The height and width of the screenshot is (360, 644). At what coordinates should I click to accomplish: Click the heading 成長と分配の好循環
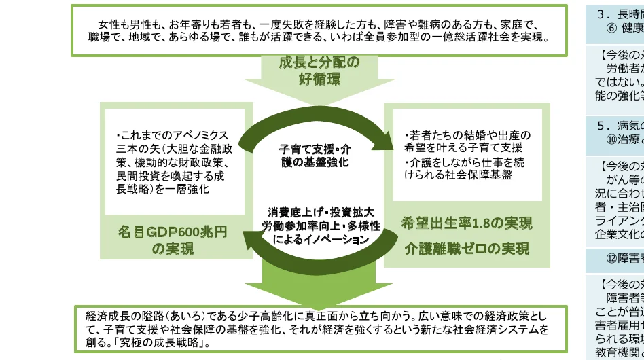319,71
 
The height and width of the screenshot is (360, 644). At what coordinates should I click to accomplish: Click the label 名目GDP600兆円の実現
173,241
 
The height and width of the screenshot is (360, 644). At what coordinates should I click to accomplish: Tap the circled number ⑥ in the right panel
611,29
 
